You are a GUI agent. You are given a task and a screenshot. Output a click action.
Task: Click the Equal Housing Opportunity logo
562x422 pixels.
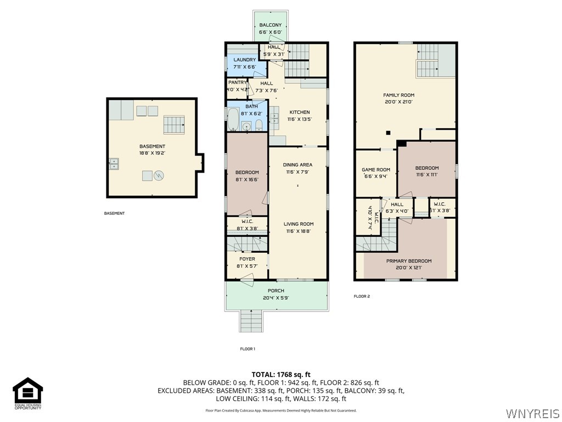pos(27,393)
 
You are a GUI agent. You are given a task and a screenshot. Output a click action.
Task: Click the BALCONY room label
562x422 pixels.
pos(270,25)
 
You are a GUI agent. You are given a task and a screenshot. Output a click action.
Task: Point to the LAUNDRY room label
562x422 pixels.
pos(245,59)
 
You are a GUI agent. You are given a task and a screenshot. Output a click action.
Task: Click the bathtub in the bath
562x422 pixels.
pos(232,118)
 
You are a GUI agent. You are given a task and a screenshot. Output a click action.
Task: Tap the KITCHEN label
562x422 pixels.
pos(300,112)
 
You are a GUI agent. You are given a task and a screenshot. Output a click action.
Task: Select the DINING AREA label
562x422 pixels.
pos(298,165)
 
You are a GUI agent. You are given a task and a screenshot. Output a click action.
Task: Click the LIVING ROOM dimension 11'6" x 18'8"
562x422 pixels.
pos(298,231)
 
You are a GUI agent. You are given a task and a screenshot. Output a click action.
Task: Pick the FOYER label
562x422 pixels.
pos(247,259)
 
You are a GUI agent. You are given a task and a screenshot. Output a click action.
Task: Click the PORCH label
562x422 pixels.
pos(276,291)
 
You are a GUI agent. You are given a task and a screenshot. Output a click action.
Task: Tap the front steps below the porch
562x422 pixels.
pos(250,321)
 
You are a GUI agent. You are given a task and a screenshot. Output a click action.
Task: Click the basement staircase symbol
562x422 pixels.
pos(175,125)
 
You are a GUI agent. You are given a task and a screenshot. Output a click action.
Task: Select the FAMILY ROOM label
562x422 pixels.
pos(398,95)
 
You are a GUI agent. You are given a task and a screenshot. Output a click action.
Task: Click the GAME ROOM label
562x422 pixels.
pos(376,170)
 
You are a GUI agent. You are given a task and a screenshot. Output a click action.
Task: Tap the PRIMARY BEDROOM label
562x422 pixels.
pos(409,261)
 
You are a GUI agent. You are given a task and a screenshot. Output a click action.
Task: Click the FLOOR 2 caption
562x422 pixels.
pos(362,296)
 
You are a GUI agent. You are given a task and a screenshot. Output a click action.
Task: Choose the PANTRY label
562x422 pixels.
pos(238,82)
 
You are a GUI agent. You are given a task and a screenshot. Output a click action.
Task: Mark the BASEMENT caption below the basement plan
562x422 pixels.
pos(114,213)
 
